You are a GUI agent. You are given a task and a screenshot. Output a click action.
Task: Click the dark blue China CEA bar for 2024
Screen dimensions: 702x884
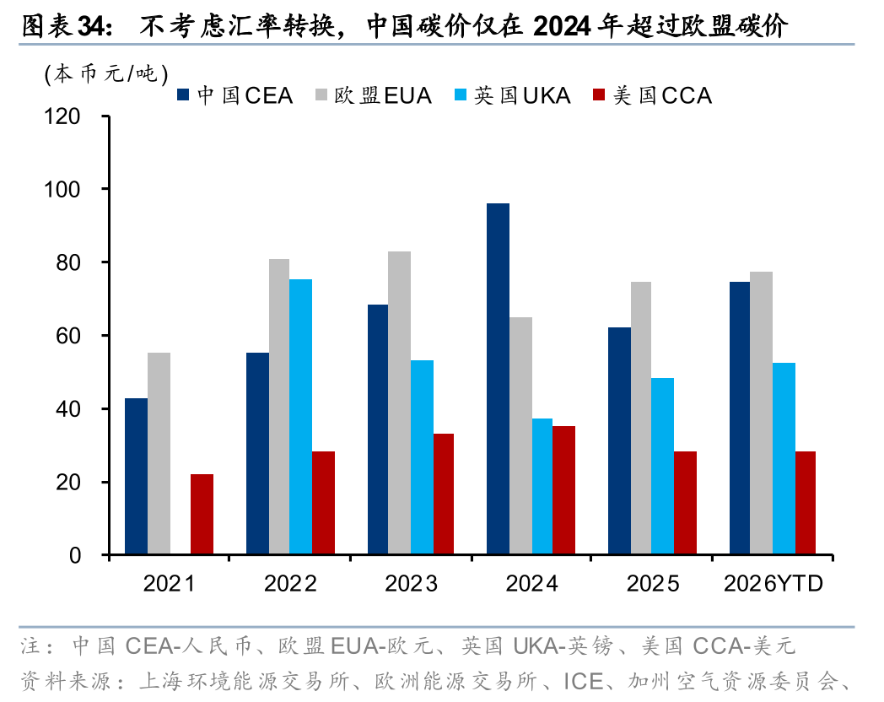(498, 379)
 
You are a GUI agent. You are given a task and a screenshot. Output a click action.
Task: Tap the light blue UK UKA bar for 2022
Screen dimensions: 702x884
(300, 417)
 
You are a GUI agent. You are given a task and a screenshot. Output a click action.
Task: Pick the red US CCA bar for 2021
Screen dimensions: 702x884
(202, 514)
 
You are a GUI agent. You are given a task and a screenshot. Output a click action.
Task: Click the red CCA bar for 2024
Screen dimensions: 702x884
(563, 490)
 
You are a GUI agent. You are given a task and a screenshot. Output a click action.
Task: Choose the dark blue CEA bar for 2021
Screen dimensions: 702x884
(136, 476)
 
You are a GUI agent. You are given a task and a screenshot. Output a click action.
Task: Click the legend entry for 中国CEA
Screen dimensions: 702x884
(235, 95)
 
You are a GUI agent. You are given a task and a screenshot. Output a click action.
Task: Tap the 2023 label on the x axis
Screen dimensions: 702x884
(411, 583)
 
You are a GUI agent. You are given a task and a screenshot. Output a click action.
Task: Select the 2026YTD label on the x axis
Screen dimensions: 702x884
(773, 583)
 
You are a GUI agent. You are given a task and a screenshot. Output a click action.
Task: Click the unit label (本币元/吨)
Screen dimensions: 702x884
(105, 73)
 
